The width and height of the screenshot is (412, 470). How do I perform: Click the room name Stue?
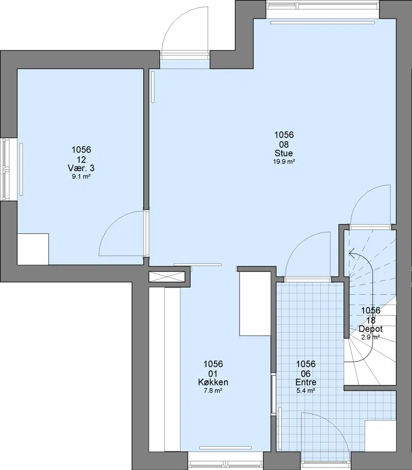283,153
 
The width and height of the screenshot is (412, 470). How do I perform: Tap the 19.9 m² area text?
284,162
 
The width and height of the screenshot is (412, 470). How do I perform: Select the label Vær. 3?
81,168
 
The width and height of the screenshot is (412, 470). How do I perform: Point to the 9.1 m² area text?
81,177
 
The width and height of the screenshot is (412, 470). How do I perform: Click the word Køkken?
213,382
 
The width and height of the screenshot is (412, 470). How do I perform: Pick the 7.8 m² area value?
213,391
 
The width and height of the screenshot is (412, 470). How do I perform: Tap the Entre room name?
305,382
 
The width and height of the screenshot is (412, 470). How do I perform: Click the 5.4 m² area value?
305,391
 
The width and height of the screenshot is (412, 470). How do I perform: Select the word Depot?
371,329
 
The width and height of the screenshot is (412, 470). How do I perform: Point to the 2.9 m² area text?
371,337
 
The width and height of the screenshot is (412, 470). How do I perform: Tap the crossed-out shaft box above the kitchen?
167,276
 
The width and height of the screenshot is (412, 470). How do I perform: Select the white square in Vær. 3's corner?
33,249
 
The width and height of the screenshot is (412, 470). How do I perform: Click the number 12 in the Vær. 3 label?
81,159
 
